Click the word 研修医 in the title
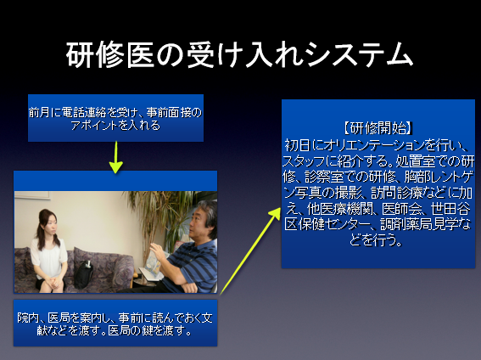point(110,55)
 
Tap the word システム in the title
point(360,55)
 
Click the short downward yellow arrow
point(116,157)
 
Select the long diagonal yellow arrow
point(250,251)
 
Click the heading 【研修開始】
point(378,128)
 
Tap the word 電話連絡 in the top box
point(84,113)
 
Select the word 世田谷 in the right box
point(450,209)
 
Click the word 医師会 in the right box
point(402,209)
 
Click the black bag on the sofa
point(83,274)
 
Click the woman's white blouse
point(48,259)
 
